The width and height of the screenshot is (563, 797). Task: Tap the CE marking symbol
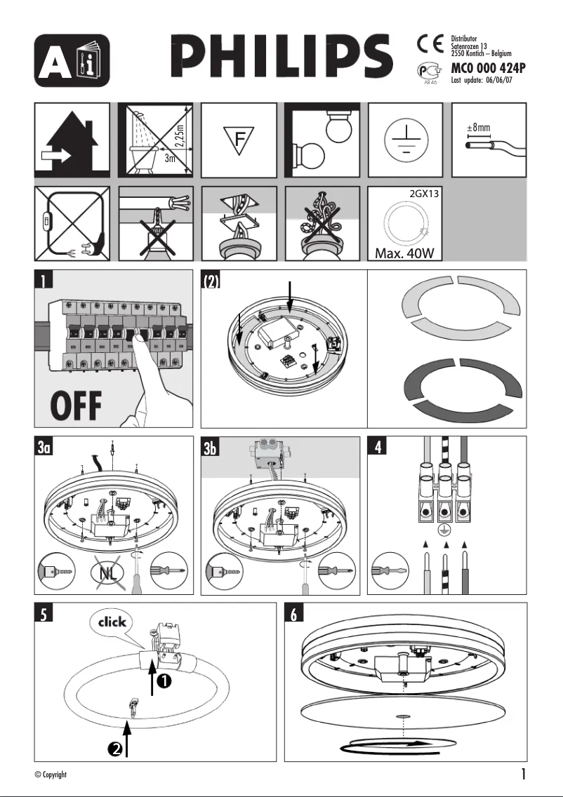click(x=430, y=44)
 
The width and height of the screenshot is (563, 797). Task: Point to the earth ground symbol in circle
click(x=406, y=138)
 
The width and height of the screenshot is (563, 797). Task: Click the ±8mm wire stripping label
click(x=478, y=128)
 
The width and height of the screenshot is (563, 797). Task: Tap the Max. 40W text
click(x=405, y=253)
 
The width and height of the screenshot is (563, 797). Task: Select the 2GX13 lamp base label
click(x=423, y=194)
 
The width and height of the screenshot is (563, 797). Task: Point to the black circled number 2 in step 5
click(x=116, y=749)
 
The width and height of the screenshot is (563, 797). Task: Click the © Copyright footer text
click(x=51, y=775)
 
